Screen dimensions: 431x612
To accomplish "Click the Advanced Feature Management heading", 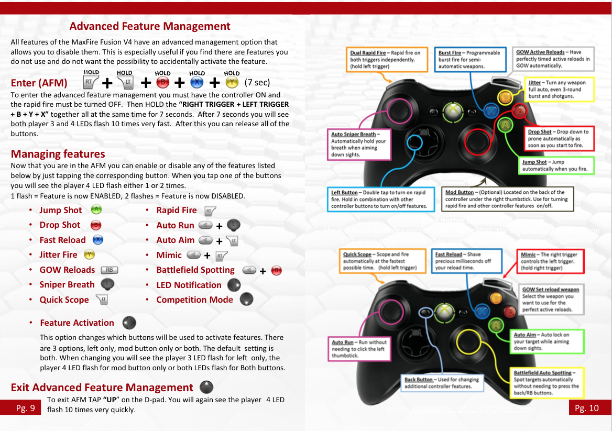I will click(149, 26).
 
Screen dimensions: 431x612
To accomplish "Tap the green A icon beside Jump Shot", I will click(96, 209).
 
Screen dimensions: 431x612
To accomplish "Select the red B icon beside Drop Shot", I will click(96, 225).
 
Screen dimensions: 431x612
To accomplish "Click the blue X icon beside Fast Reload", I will click(97, 240).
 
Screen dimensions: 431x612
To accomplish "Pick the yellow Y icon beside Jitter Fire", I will click(90, 255).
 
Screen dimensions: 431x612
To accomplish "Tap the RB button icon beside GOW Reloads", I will click(109, 270).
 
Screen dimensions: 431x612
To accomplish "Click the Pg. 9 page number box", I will click(25, 408).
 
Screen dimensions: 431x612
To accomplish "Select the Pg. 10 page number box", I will click(586, 408).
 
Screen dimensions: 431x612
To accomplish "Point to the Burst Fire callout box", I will click(469, 60).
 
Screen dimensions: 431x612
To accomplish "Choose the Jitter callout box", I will click(560, 90).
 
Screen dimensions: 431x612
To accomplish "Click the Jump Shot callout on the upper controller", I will click(558, 165).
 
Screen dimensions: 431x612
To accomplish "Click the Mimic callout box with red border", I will click(551, 261).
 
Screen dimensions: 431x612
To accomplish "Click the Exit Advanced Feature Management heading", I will click(102, 388).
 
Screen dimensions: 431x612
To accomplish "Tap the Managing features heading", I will click(58, 154).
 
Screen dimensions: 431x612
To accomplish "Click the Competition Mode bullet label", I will click(194, 300).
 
